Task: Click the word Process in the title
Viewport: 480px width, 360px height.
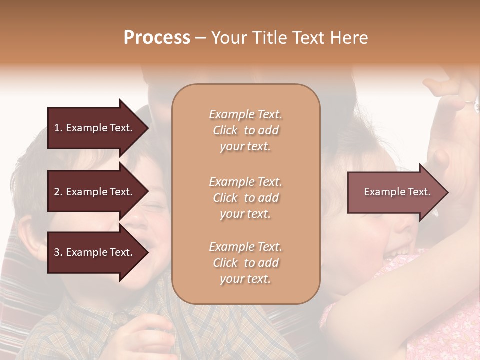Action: pos(157,38)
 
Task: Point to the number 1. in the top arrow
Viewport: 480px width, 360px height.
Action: pos(58,128)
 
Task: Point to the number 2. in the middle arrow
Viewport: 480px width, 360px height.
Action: pos(58,192)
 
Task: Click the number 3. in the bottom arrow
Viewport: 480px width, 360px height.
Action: pos(58,252)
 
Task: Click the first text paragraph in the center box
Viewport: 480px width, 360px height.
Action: pos(245,130)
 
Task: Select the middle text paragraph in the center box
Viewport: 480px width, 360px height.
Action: pos(245,197)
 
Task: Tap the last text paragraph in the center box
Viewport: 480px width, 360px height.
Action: pos(245,263)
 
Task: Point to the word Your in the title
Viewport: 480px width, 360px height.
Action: pos(228,38)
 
